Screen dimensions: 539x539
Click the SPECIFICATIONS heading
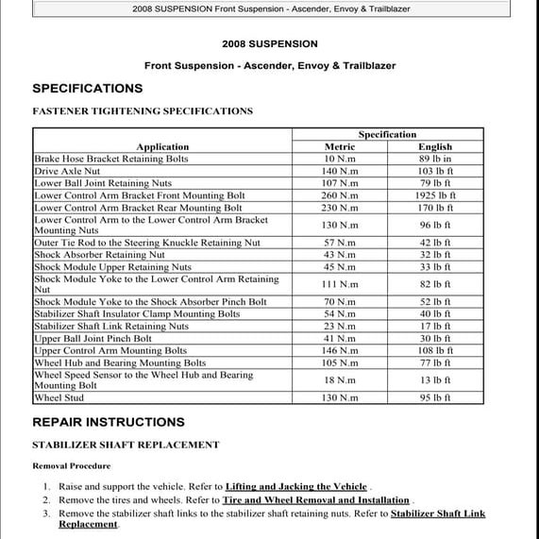[87, 89]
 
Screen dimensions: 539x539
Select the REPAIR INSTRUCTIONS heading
[108, 422]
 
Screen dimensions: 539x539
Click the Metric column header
[340, 147]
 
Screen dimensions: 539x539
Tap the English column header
[435, 147]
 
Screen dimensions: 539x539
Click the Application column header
[162, 147]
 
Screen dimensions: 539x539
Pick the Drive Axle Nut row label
[67, 171]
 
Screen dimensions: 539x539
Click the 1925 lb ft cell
[435, 195]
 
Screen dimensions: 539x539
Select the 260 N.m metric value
[340, 195]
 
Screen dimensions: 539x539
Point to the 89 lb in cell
[435, 160]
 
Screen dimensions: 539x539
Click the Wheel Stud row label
[59, 398]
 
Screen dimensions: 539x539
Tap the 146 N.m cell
[340, 350]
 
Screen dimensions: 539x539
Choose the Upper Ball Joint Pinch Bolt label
[93, 338]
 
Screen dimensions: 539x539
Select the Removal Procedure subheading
[71, 465]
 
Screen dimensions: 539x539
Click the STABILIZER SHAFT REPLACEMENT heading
[126, 445]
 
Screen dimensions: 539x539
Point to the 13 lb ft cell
[435, 380]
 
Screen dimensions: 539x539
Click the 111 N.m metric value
[340, 284]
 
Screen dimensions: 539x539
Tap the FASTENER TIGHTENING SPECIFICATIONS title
[143, 111]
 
